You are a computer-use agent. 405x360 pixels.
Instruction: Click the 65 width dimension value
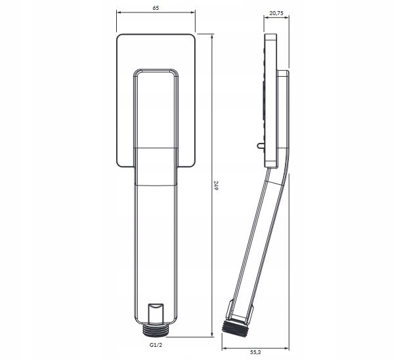tap(156, 8)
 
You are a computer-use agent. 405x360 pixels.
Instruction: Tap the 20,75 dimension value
tap(276, 13)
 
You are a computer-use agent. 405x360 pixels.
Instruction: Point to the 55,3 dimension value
tap(256, 351)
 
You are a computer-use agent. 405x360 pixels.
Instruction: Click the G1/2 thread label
tap(156, 345)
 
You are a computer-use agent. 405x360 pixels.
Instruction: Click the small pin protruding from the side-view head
tap(261, 146)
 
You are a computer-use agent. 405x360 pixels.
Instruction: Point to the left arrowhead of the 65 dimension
tap(119, 12)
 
